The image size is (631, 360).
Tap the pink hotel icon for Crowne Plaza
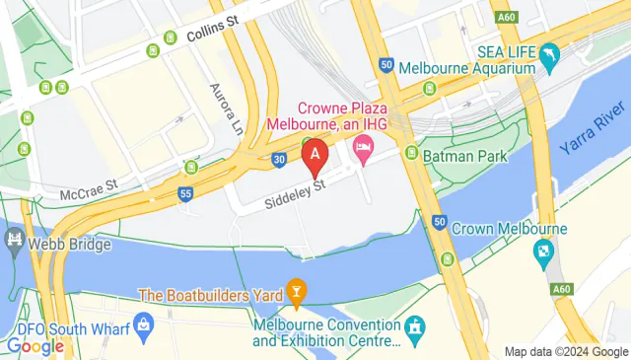pos(362,148)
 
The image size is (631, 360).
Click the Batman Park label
pos(463,156)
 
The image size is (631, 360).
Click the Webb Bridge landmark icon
pos(14,239)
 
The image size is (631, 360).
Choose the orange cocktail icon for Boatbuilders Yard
pos(295,292)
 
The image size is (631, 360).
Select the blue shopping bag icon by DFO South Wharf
pos(144,324)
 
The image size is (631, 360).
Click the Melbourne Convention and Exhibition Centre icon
pos(416,325)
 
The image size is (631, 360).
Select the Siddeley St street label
pos(295,194)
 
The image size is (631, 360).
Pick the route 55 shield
pos(185,195)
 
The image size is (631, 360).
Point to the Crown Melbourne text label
pos(509,229)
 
